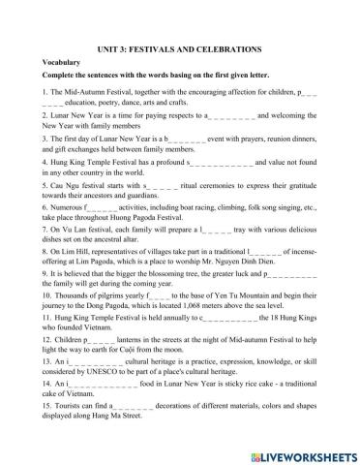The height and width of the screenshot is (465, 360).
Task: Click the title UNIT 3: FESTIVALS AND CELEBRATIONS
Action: pos(179,46)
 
